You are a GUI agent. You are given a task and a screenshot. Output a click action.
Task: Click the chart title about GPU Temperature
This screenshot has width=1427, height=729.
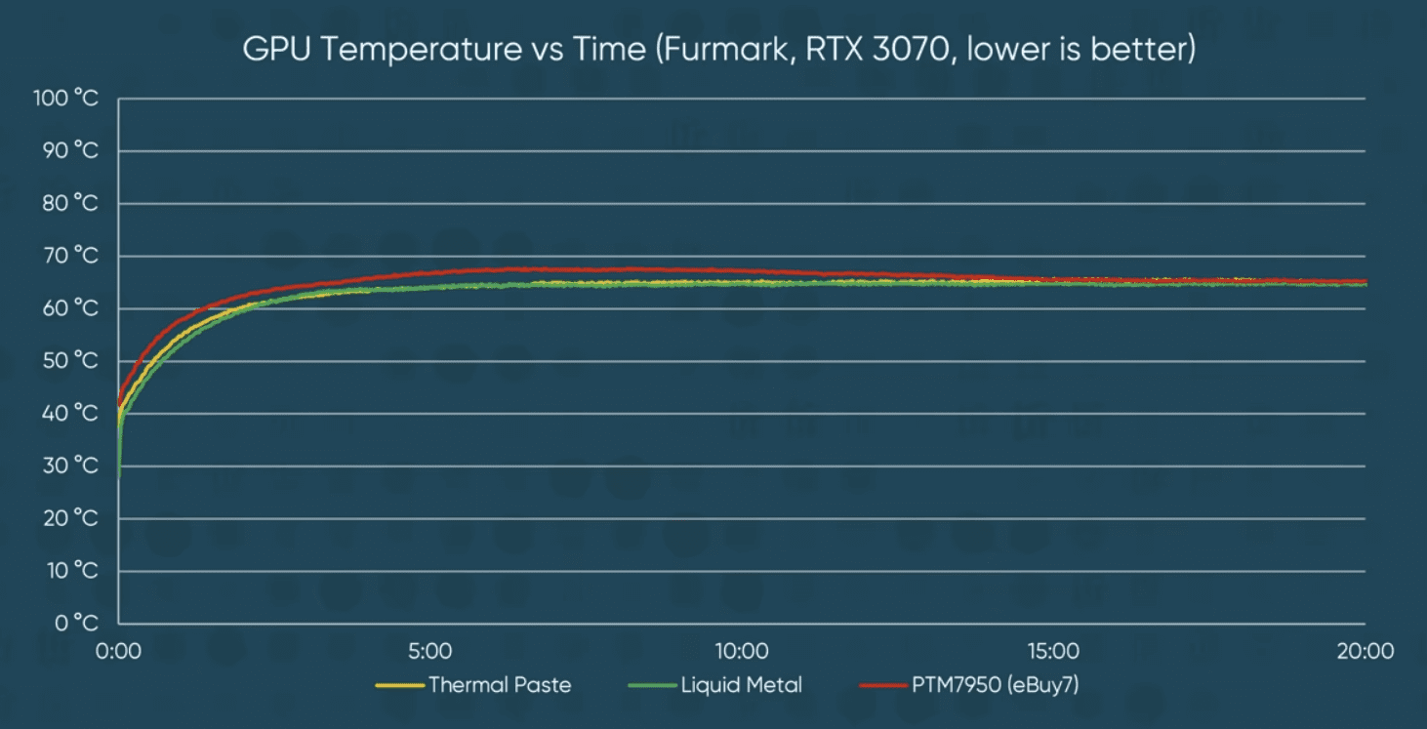pyautogui.click(x=719, y=50)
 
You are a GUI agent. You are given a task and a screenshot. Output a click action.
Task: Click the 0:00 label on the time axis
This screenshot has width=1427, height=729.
pyautogui.click(x=119, y=651)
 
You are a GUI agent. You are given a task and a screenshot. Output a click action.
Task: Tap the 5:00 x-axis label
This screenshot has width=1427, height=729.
pyautogui.click(x=430, y=651)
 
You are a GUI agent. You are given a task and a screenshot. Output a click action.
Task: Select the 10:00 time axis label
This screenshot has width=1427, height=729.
pyautogui.click(x=741, y=651)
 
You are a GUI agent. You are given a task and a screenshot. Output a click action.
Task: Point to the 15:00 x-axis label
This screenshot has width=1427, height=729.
pyautogui.click(x=1053, y=651)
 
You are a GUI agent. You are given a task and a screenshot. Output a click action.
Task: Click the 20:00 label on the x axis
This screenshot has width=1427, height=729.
pyautogui.click(x=1365, y=651)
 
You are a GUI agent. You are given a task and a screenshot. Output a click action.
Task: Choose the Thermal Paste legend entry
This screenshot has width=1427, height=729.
pyautogui.click(x=500, y=685)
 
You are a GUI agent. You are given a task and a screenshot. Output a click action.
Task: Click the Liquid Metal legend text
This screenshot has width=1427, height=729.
pyautogui.click(x=742, y=685)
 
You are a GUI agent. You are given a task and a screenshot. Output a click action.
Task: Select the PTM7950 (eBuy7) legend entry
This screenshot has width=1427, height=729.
pyautogui.click(x=996, y=685)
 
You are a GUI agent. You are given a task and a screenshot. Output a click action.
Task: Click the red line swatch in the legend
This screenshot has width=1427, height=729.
pyautogui.click(x=884, y=685)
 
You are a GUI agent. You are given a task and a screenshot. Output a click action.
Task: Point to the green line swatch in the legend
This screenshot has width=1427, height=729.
pyautogui.click(x=654, y=685)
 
